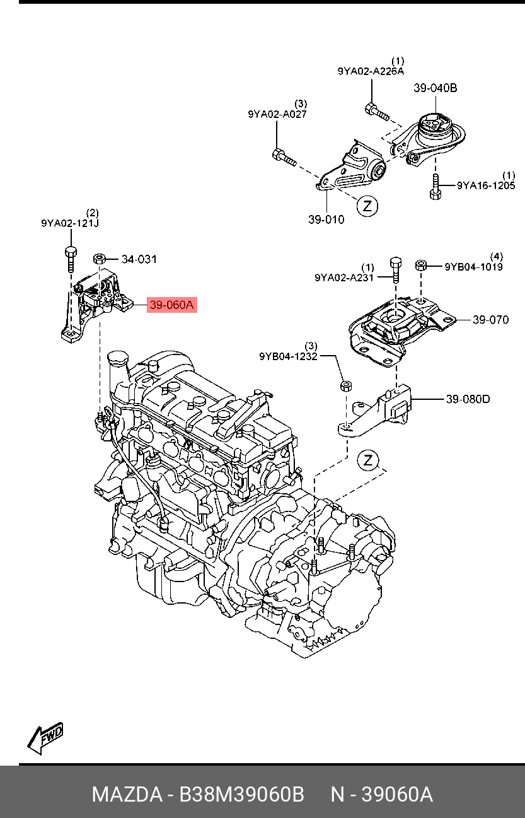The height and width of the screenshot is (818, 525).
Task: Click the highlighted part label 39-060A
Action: (172, 306)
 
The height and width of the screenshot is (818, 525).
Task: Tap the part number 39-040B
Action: (435, 88)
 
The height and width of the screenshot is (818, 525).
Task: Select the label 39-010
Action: (326, 219)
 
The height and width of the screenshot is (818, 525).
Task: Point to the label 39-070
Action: (490, 320)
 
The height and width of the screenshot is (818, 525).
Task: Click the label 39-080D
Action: (468, 399)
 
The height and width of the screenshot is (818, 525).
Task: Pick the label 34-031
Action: (139, 259)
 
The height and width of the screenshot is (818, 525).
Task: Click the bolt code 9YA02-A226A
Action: (371, 71)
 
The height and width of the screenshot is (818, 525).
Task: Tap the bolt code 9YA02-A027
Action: (277, 114)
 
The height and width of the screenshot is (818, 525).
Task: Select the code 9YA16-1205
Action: (486, 185)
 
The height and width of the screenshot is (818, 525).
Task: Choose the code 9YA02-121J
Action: (70, 223)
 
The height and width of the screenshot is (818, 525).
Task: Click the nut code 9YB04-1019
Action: (473, 267)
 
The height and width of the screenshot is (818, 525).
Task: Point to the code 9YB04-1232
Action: (287, 356)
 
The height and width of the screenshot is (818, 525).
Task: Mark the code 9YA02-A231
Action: (344, 278)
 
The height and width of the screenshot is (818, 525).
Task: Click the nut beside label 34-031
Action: (99, 259)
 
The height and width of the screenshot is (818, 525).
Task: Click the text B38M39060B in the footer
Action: (242, 795)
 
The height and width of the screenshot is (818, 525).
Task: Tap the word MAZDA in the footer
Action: (126, 795)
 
